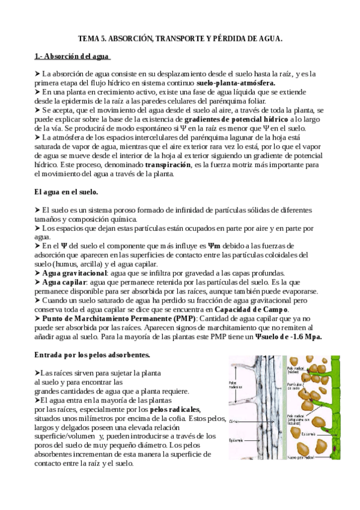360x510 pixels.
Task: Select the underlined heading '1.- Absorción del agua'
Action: coord(72,57)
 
